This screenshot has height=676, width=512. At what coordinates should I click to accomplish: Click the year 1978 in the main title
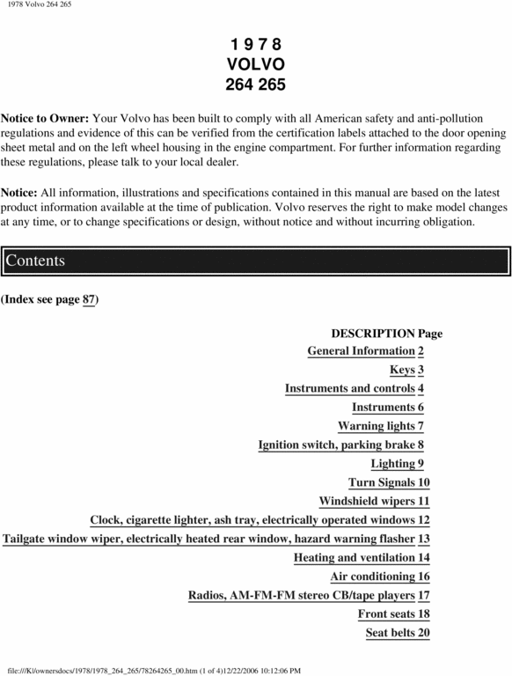click(x=256, y=44)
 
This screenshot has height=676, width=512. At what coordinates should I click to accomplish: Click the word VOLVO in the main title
click(x=256, y=64)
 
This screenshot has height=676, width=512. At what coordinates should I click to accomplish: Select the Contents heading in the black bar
click(x=35, y=261)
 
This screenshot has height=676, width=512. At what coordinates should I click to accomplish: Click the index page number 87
click(x=88, y=300)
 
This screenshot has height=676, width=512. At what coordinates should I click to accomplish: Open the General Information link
click(x=361, y=351)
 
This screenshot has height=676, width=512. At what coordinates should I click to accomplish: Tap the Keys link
click(x=402, y=370)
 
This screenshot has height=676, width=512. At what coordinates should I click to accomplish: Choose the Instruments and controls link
click(x=349, y=388)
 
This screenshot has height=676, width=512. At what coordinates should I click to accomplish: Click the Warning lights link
click(x=376, y=426)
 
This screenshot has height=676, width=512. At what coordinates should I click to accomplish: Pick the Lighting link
click(x=392, y=464)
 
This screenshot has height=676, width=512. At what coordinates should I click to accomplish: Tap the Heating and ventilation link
click(x=355, y=557)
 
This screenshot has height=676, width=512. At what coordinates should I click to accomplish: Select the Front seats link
click(x=386, y=614)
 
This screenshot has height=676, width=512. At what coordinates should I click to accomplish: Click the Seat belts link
click(x=391, y=633)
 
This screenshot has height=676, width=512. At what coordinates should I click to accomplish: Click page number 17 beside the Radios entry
click(x=423, y=595)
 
